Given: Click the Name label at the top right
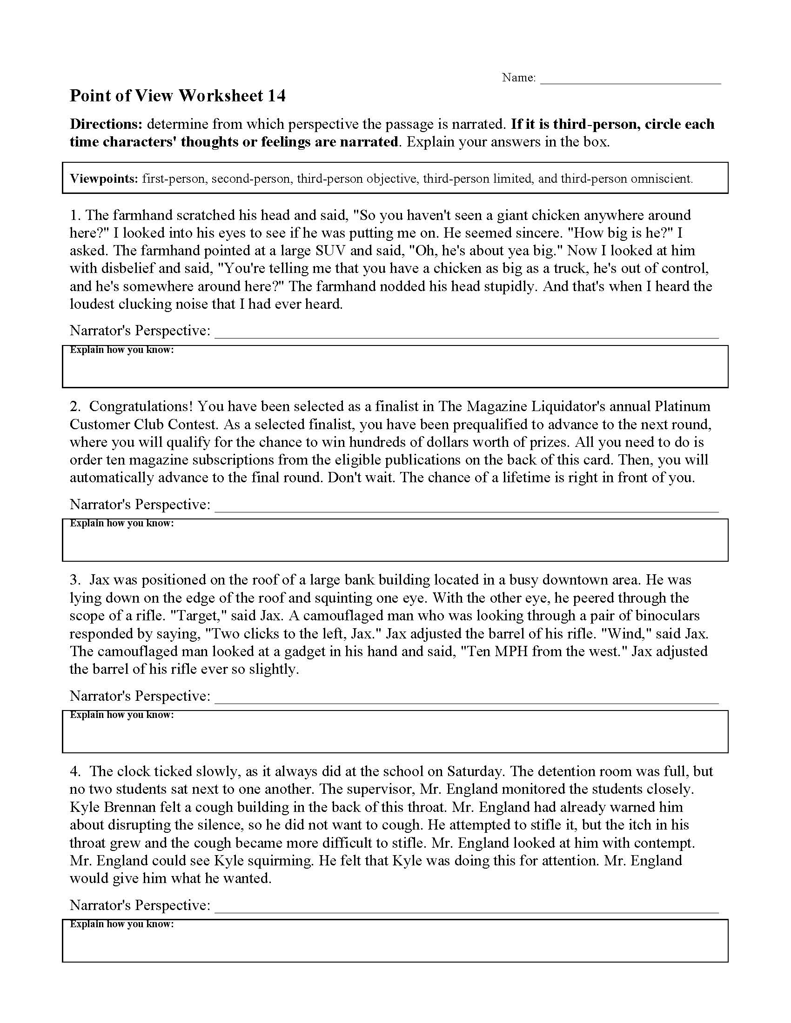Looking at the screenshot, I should point(518,78).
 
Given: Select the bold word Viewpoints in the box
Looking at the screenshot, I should point(104,179).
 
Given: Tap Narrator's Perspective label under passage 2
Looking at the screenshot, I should point(140,505).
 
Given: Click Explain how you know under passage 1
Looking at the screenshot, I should point(122,350).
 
